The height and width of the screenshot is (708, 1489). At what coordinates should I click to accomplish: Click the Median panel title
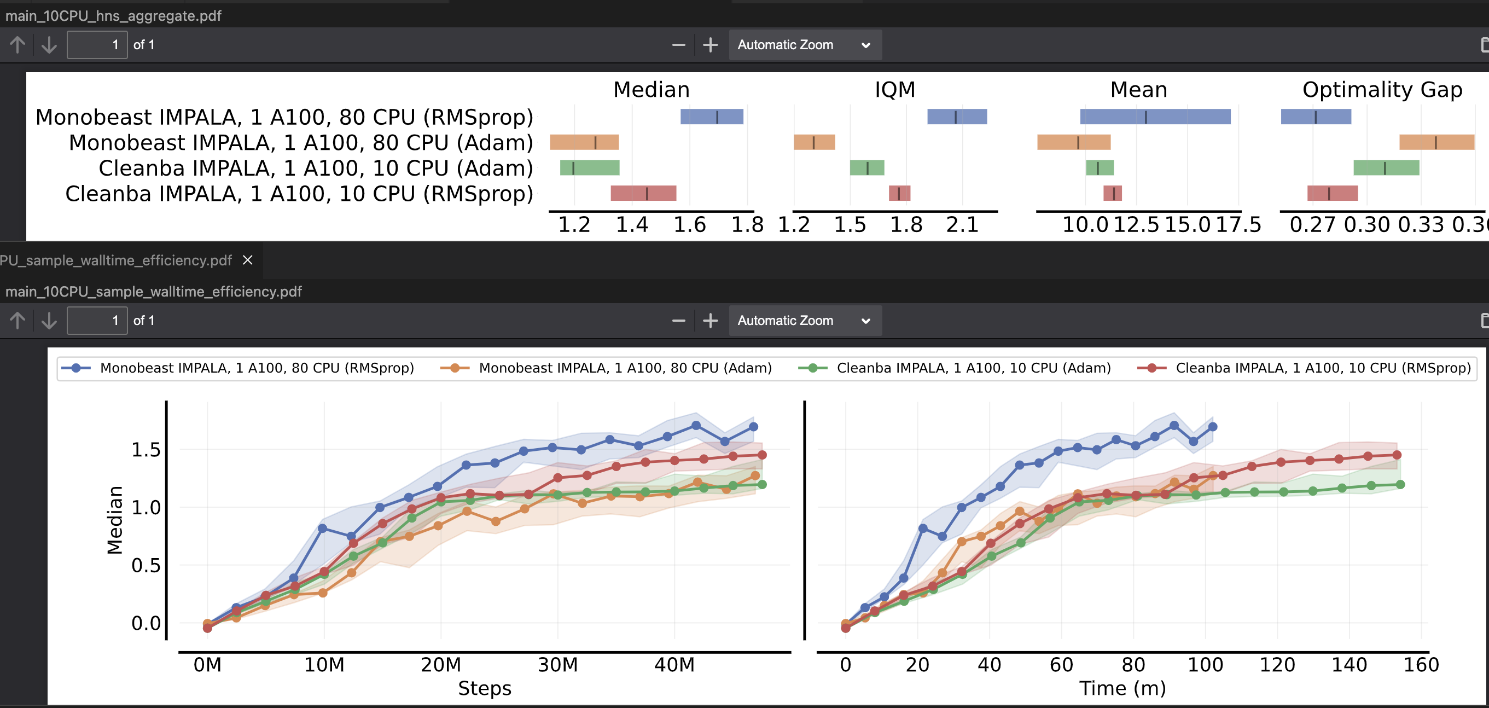[652, 90]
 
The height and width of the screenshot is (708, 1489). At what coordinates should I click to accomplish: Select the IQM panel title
[895, 90]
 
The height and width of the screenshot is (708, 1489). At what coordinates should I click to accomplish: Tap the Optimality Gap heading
[1382, 90]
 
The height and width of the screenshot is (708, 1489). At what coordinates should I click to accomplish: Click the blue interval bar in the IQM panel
[957, 117]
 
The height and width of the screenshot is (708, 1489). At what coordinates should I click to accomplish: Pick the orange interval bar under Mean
[1073, 142]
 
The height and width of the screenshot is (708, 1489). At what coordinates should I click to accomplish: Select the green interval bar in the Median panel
[590, 167]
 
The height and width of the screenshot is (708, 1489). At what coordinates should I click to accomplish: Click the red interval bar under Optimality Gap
[1332, 193]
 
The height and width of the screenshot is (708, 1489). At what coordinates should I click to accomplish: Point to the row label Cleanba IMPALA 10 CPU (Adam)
[316, 168]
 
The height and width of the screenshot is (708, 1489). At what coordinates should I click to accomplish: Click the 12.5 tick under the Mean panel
[1136, 224]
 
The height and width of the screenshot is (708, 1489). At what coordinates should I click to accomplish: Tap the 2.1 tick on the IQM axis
[962, 224]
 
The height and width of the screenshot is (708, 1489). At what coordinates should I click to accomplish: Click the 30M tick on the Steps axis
[557, 665]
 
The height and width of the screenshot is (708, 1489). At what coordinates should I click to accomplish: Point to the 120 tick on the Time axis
[1277, 665]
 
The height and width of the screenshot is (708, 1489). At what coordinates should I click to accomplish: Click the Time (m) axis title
[1122, 688]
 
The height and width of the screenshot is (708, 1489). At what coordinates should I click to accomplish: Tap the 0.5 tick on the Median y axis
[146, 565]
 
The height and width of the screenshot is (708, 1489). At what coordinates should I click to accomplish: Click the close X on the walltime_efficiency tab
[247, 260]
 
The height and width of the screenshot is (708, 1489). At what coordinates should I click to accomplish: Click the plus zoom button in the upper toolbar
[710, 45]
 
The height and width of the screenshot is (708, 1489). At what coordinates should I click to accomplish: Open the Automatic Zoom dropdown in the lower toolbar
[805, 321]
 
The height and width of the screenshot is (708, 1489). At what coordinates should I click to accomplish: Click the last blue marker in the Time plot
[1213, 427]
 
